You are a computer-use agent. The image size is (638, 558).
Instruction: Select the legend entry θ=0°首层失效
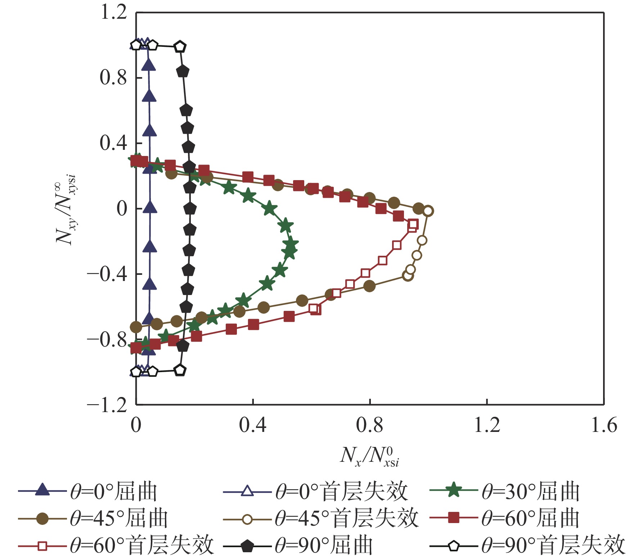tap(316, 491)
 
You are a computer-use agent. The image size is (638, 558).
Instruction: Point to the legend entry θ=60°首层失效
tap(116, 546)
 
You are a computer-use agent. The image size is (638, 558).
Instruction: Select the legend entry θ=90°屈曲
tap(298, 546)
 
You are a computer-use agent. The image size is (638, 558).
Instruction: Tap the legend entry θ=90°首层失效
tap(527, 546)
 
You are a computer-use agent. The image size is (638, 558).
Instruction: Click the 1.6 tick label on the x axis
tap(604, 425)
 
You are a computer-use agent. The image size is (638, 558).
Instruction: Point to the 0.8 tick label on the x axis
tap(370, 425)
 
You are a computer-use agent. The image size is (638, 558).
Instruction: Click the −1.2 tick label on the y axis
tap(107, 405)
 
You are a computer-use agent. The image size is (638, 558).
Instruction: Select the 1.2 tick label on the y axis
tap(114, 12)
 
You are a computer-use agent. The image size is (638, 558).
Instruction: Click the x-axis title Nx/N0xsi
tap(370, 457)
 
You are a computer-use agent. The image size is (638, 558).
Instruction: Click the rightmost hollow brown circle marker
tap(428, 211)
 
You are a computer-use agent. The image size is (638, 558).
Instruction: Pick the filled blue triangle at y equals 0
tap(150, 207)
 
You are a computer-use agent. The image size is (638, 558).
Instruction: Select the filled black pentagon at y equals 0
tap(190, 209)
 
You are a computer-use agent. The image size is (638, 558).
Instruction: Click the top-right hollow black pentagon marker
tap(180, 46)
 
